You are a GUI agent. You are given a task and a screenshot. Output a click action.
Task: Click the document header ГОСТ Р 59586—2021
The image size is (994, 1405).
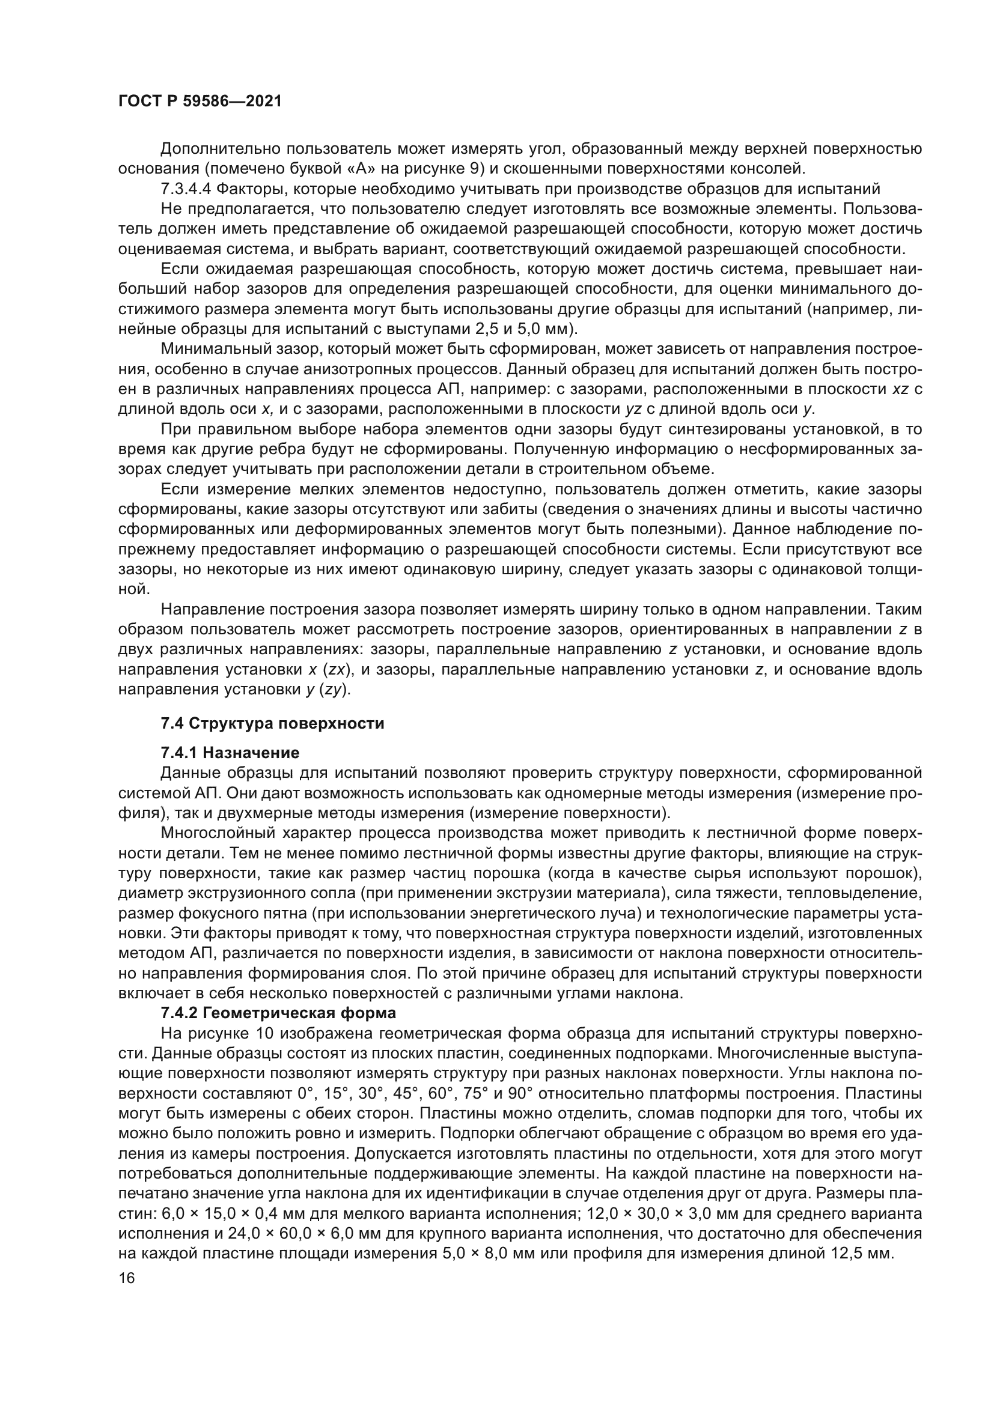(200, 102)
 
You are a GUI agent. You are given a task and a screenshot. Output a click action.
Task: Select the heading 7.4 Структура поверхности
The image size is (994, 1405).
(272, 724)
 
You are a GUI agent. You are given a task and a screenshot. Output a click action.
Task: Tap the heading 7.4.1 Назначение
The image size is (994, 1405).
(230, 752)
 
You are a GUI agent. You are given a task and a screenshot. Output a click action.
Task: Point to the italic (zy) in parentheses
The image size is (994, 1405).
(336, 690)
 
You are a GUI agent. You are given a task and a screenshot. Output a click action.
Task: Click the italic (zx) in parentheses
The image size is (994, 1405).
(336, 669)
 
